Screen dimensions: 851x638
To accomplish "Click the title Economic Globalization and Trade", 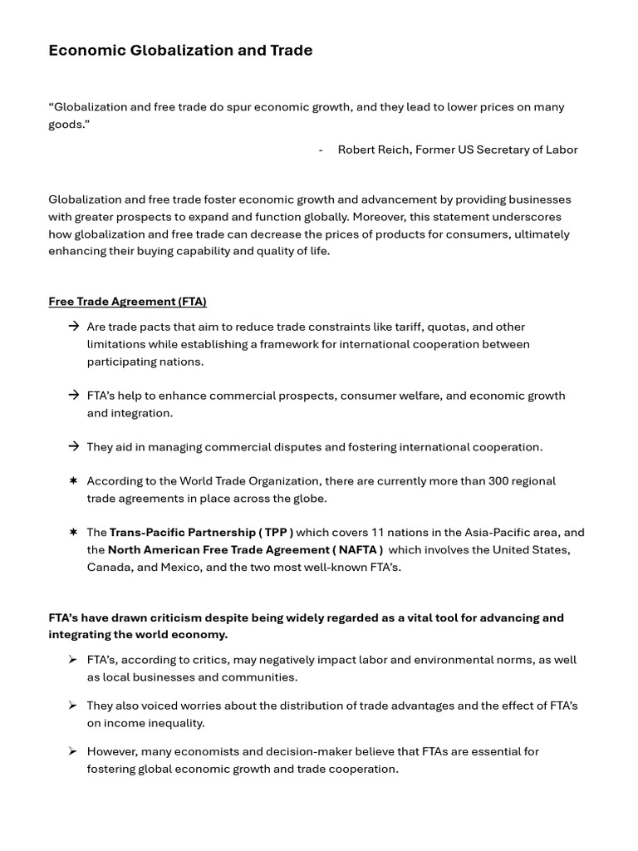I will pyautogui.click(x=180, y=51).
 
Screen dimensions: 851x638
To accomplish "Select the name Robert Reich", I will pyautogui.click(x=374, y=150).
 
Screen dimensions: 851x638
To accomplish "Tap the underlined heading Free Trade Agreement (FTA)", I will pyautogui.click(x=127, y=302).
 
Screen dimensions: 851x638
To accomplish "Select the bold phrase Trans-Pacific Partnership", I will pyautogui.click(x=182, y=533).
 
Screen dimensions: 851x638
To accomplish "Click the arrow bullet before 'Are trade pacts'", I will pyautogui.click(x=74, y=327).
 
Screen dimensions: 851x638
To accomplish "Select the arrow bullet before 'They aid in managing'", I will pyautogui.click(x=74, y=447).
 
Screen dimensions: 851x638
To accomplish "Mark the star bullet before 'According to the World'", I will pyautogui.click(x=74, y=481).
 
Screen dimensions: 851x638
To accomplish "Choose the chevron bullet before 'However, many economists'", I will pyautogui.click(x=73, y=751).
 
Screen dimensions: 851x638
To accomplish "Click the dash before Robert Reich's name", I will pyautogui.click(x=321, y=150).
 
